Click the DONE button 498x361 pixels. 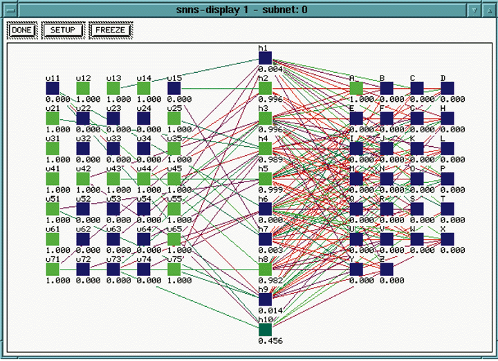click(22, 30)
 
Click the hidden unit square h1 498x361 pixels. click(266, 58)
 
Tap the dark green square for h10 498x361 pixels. click(266, 329)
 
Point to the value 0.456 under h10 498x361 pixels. click(270, 341)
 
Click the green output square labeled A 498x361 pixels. click(356, 89)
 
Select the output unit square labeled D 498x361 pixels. click(448, 89)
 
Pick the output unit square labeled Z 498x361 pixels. click(387, 269)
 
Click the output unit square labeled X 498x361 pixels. click(448, 239)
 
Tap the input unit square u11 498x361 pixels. click(53, 89)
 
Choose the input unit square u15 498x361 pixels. click(174, 89)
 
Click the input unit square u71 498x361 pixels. click(53, 269)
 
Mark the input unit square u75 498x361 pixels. click(174, 269)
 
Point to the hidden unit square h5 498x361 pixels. click(266, 179)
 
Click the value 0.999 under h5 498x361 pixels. click(270, 190)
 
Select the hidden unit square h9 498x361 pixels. click(266, 299)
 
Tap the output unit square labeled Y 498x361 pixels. click(356, 269)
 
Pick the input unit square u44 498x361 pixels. click(144, 179)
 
